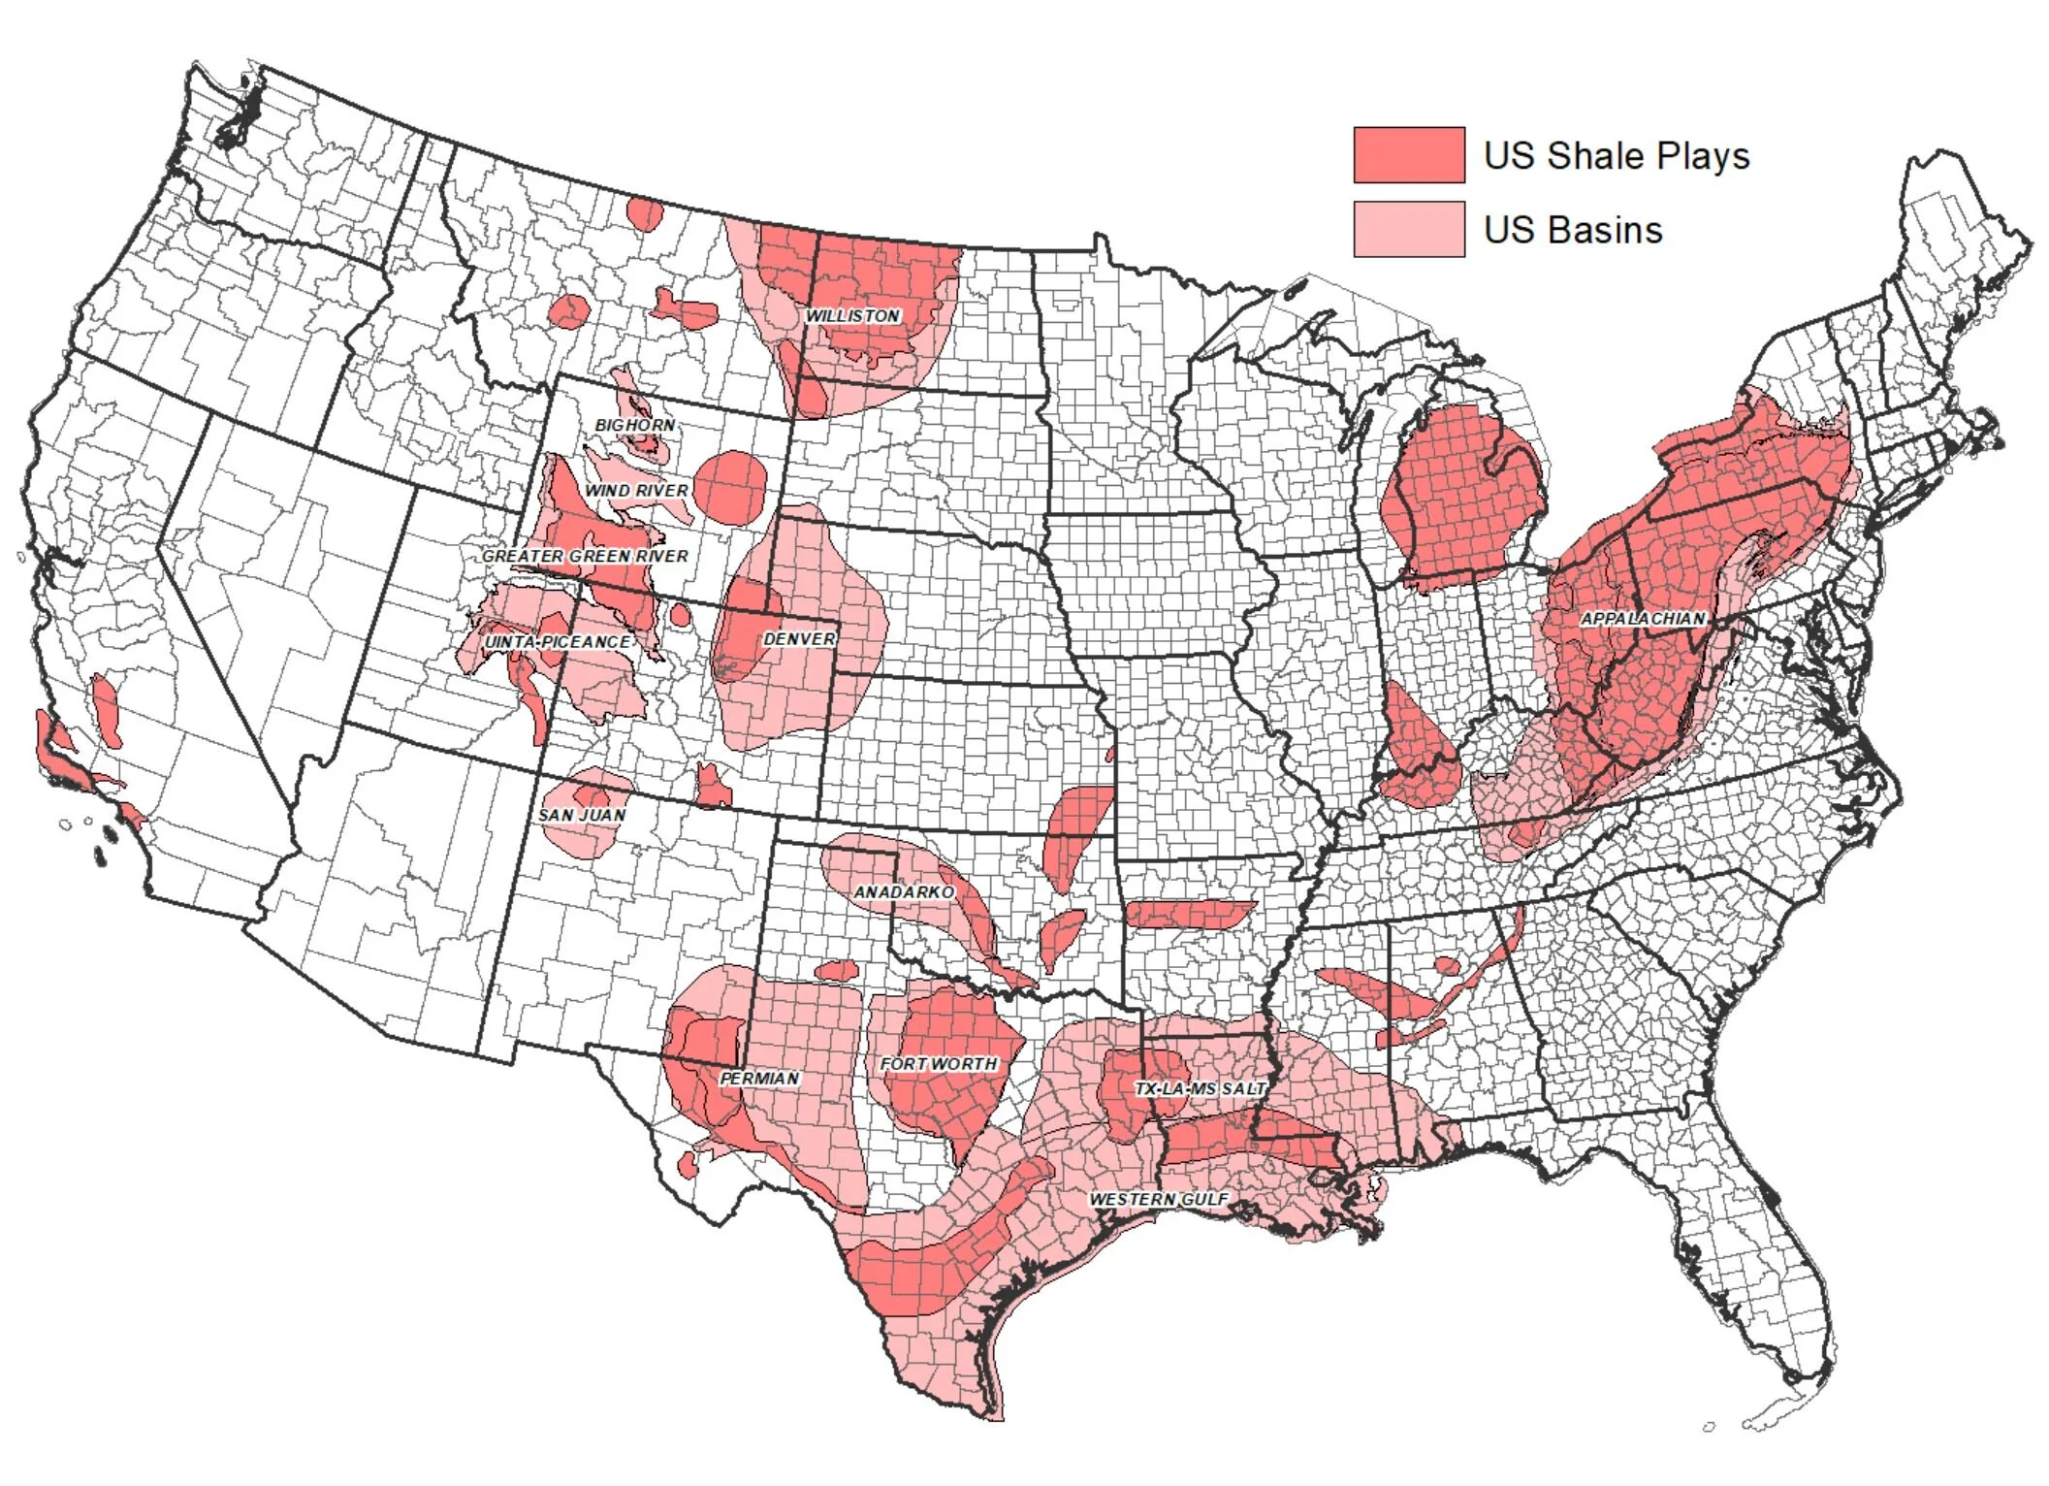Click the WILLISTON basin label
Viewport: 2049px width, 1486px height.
point(853,316)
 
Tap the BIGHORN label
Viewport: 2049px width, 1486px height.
point(635,426)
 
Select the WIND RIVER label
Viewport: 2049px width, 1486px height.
point(636,491)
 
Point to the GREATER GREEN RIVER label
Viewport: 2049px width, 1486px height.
point(585,556)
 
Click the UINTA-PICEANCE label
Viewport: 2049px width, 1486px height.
point(558,642)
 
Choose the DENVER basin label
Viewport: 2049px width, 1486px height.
point(799,639)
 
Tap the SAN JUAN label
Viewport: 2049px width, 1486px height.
point(582,815)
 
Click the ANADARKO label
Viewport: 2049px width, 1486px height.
point(904,891)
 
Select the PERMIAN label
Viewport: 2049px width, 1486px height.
point(759,1079)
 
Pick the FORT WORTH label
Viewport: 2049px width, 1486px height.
point(938,1064)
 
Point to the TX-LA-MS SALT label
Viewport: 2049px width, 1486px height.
point(1201,1089)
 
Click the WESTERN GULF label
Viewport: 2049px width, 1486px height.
point(1159,1200)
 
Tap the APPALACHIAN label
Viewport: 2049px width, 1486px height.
point(1643,619)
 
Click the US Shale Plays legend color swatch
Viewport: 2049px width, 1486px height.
point(1408,155)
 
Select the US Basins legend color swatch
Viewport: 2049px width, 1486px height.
point(1408,230)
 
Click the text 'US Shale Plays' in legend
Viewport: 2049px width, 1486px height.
point(1617,156)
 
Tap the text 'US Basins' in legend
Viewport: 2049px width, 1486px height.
point(1573,230)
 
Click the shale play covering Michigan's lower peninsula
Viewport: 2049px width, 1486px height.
point(1464,495)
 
